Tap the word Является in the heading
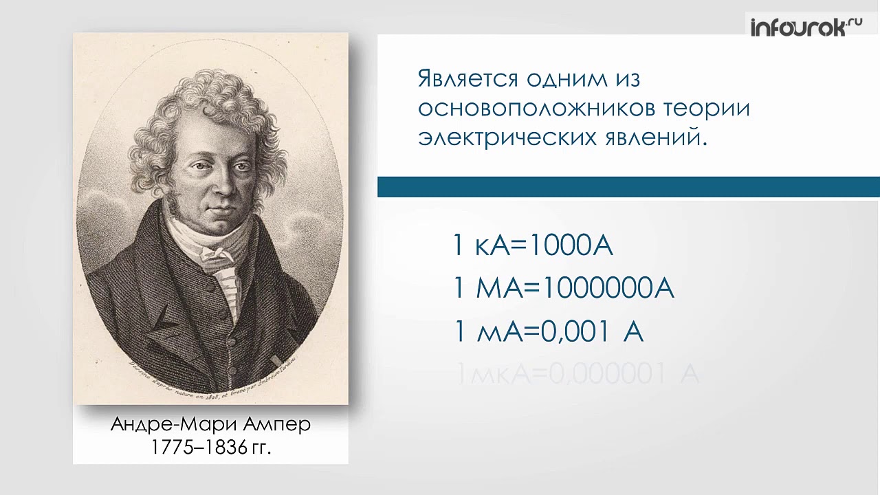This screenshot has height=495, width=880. (467, 79)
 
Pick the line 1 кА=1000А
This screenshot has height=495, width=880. (533, 245)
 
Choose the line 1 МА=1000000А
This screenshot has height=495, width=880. (564, 289)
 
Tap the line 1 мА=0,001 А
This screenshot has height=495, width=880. (548, 332)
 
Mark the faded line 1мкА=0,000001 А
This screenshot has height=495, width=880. (577, 375)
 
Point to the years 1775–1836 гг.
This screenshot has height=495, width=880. (211, 448)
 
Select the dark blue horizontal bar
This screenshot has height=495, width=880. (628, 187)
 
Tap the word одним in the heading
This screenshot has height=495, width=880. (564, 79)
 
